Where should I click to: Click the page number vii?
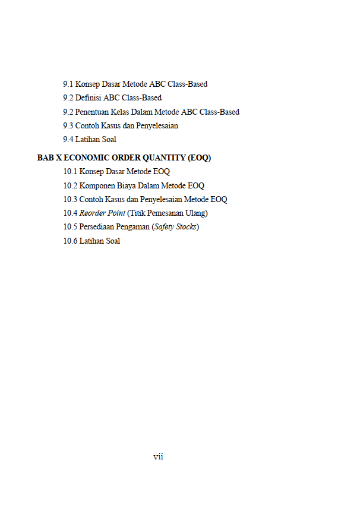(158, 457)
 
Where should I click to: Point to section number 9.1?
(68, 84)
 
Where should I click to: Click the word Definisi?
(89, 98)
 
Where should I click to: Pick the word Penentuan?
(92, 112)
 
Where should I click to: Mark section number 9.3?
(68, 126)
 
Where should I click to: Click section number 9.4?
(68, 140)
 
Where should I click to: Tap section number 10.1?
(70, 172)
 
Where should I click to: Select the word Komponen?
(98, 186)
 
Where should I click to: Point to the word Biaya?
(129, 186)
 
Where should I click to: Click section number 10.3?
(70, 200)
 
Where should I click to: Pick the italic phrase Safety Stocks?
(175, 227)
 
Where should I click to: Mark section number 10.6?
(70, 241)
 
